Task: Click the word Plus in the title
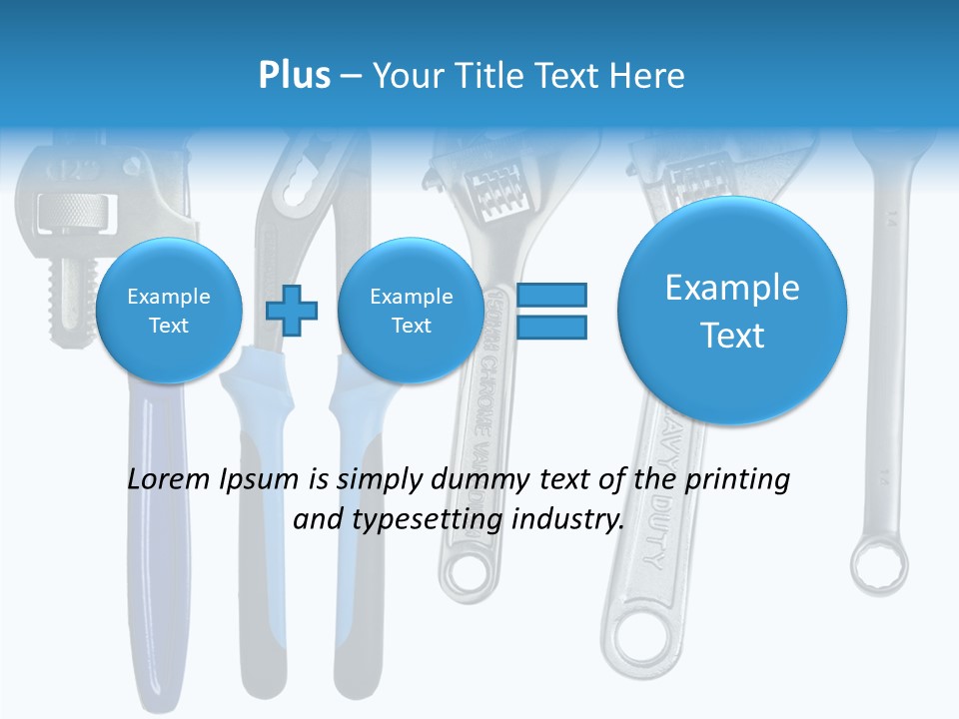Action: click(x=294, y=76)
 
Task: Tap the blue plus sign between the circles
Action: click(x=292, y=311)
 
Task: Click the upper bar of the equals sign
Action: click(x=550, y=295)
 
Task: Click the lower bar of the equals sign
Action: click(x=550, y=327)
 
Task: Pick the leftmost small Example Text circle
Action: click(x=169, y=311)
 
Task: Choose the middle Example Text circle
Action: click(x=412, y=311)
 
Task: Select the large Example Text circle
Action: click(x=732, y=311)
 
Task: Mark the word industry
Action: click(x=567, y=520)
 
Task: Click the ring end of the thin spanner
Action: click(x=878, y=565)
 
